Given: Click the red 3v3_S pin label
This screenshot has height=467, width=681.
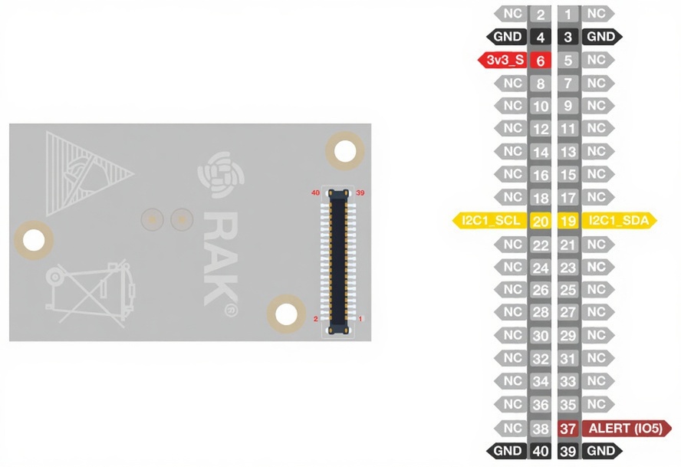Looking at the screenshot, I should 503,60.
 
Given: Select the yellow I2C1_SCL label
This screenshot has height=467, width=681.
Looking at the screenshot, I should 492,221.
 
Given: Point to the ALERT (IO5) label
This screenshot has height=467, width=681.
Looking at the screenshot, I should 626,429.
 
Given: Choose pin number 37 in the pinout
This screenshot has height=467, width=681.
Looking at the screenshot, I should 568,429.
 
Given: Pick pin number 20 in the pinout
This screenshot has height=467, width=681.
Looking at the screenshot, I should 541,222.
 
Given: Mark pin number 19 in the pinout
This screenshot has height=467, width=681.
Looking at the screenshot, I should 568,222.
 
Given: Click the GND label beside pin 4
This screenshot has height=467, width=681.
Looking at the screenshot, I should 507,36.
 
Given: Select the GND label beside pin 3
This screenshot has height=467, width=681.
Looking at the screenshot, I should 601,36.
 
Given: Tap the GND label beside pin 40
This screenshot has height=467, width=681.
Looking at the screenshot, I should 507,451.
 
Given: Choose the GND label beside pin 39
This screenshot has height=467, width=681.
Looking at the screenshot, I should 601,451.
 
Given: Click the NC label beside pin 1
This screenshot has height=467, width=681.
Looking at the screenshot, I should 597,13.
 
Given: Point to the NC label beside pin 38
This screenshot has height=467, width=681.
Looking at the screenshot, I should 512,428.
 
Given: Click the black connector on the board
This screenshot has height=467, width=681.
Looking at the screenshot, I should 338,261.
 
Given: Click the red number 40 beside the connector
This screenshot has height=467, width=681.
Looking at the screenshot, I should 314,192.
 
